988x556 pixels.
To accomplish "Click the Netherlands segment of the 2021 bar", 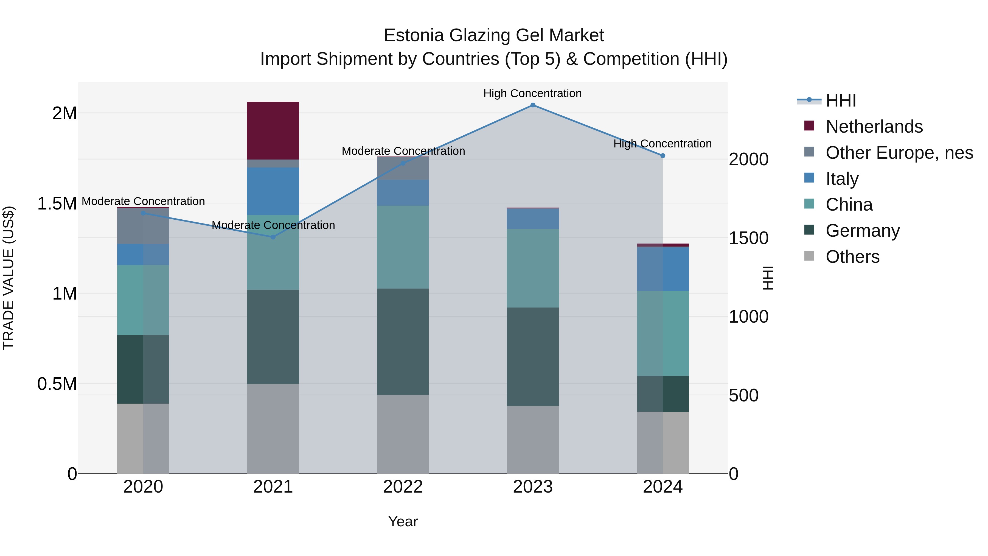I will pyautogui.click(x=273, y=130).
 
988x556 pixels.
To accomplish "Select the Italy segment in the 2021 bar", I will pyautogui.click(x=273, y=191).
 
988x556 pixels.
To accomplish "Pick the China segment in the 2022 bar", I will pyautogui.click(x=403, y=247).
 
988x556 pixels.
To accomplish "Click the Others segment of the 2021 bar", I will pyautogui.click(x=273, y=429).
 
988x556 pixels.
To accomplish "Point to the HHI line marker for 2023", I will pyautogui.click(x=533, y=105).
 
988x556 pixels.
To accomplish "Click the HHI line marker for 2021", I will pyautogui.click(x=273, y=237).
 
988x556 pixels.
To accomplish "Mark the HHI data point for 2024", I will pyautogui.click(x=663, y=156).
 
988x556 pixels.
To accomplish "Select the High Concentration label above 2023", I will pyautogui.click(x=532, y=94).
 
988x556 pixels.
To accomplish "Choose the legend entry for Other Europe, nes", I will pyautogui.click(x=899, y=153).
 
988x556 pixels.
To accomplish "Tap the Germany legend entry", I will pyautogui.click(x=862, y=231).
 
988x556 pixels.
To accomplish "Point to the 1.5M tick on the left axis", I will pyautogui.click(x=57, y=203).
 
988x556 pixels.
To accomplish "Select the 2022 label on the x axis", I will pyautogui.click(x=403, y=487).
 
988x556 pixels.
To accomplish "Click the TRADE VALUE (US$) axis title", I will pyautogui.click(x=9, y=278).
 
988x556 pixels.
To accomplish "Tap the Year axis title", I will pyautogui.click(x=403, y=521).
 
